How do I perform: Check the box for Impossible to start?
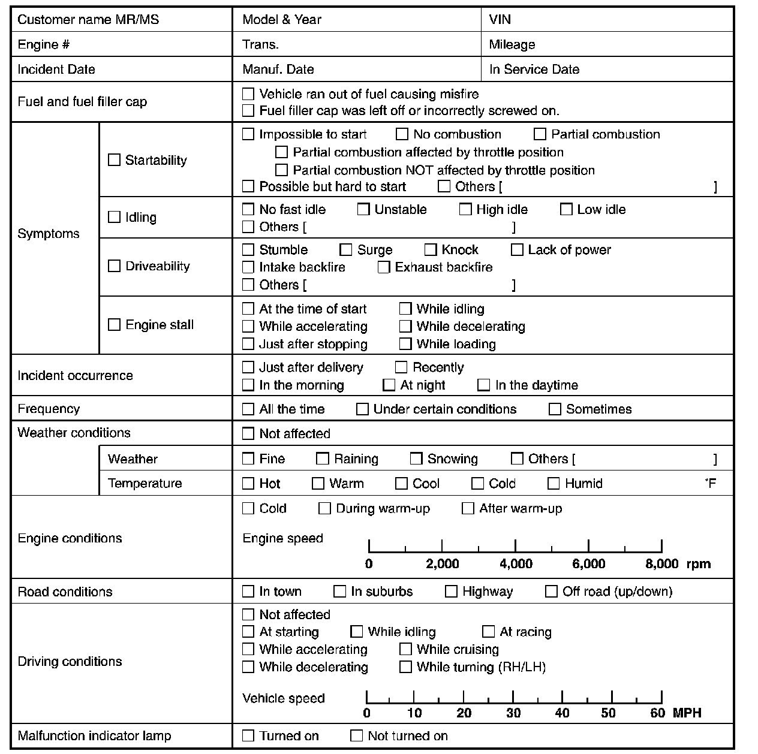click(x=248, y=134)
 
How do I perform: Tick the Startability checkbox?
click(x=114, y=160)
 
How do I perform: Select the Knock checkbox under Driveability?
click(x=431, y=250)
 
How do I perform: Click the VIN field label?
click(x=500, y=19)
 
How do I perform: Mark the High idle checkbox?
click(x=465, y=209)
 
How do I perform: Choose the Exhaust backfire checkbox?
click(x=384, y=267)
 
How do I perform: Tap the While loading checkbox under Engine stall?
click(x=405, y=344)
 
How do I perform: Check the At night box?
click(x=389, y=385)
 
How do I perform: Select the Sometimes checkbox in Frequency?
click(x=555, y=409)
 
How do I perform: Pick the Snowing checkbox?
click(x=416, y=459)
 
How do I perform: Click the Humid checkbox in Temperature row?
click(x=554, y=484)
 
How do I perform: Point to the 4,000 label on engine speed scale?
click(x=516, y=564)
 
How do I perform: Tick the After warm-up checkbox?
click(x=468, y=509)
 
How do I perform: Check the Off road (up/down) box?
click(x=551, y=592)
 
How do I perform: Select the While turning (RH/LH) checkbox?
click(x=405, y=667)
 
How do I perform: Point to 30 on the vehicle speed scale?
click(x=513, y=713)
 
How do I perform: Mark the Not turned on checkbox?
click(x=356, y=736)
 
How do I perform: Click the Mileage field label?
click(x=512, y=44)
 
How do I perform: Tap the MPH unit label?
click(x=687, y=713)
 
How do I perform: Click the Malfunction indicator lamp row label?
click(x=94, y=736)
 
